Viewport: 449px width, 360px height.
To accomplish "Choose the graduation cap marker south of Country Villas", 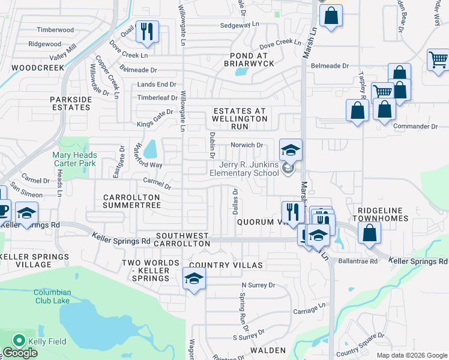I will [x=194, y=279].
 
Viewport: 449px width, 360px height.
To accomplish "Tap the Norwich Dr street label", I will [x=247, y=145].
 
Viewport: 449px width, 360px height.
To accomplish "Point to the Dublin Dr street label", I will [x=212, y=145].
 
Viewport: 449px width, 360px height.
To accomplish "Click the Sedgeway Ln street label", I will [x=239, y=25].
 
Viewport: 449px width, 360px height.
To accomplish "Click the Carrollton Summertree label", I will [x=131, y=201].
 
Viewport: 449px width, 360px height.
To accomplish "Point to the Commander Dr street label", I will [x=415, y=126].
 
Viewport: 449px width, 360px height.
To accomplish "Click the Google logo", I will [x=20, y=353].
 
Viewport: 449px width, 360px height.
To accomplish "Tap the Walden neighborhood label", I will [x=268, y=350].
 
